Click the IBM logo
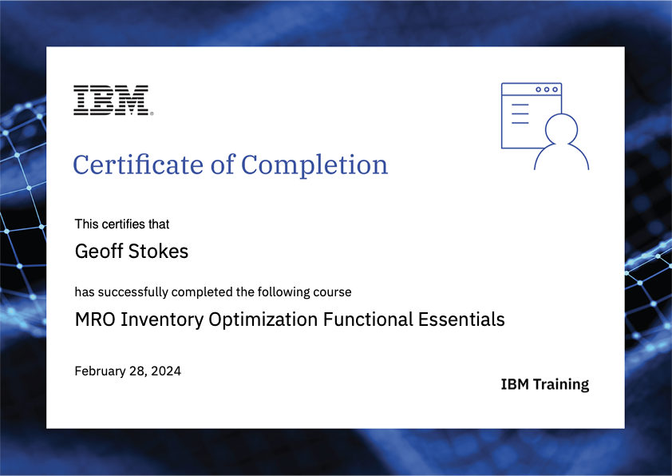point(111,100)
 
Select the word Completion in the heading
point(314,165)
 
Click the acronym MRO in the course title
point(94,319)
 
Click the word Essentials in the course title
point(461,319)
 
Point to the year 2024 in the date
point(167,371)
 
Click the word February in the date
point(100,371)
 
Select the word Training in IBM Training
point(560,384)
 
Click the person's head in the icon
point(561,129)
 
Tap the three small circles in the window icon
point(547,89)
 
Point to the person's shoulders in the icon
point(561,157)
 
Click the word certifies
point(121,224)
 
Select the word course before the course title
point(333,292)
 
